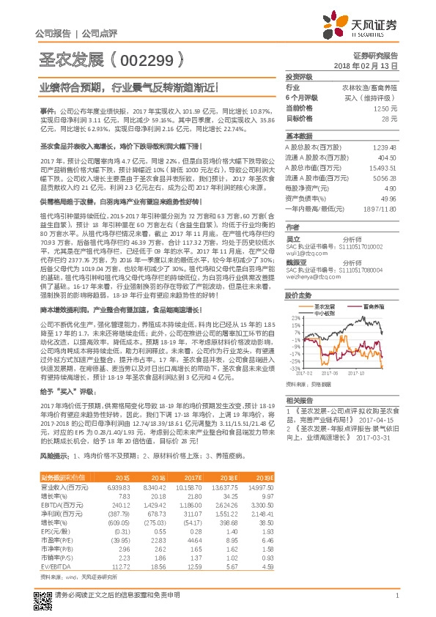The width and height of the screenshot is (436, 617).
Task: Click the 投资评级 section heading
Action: pyautogui.click(x=299, y=77)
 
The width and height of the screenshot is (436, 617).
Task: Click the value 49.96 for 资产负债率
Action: pyautogui.click(x=388, y=198)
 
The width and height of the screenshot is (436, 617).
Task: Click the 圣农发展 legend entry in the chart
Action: pyautogui.click(x=325, y=305)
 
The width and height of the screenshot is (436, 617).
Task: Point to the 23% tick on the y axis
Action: pyautogui.click(x=294, y=317)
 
